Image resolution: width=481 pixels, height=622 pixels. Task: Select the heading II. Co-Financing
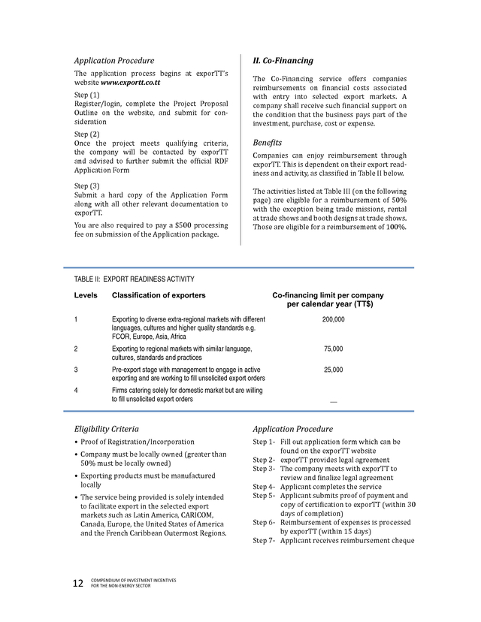pos(283,60)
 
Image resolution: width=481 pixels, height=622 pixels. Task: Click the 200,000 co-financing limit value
pos(333,319)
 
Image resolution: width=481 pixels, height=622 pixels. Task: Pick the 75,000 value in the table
pos(333,349)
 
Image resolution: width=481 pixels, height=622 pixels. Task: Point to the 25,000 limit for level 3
pos(333,370)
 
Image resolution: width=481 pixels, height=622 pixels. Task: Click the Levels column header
pos(86,295)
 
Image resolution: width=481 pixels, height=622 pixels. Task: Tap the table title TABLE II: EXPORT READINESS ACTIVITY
pos(134,279)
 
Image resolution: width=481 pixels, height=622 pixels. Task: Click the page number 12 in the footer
pos(77,584)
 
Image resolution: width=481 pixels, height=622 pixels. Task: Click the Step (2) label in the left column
pos(86,134)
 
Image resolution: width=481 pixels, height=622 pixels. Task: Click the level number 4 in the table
pos(76,390)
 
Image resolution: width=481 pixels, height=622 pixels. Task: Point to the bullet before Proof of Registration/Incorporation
pos(76,442)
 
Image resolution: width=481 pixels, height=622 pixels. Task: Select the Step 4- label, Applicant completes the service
pos(264,486)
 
